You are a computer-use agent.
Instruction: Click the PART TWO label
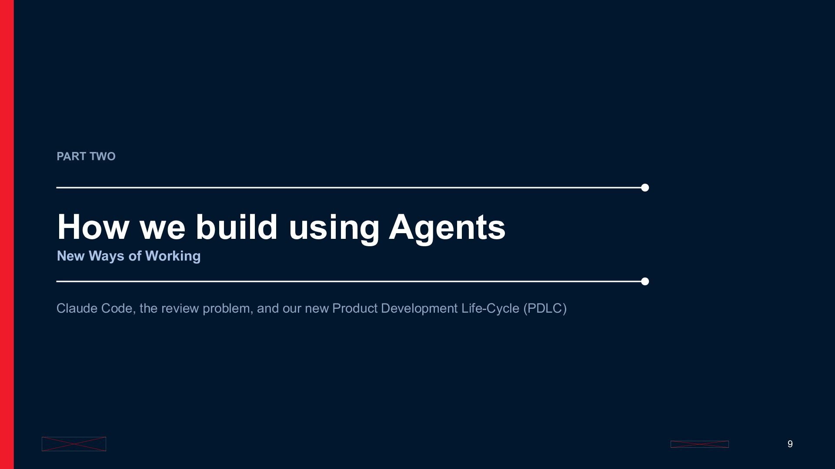click(x=86, y=156)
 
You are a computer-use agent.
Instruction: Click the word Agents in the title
click(x=447, y=227)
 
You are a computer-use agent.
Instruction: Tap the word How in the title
click(x=93, y=227)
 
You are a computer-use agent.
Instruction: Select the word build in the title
click(x=236, y=227)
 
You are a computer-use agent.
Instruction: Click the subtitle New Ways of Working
click(x=129, y=256)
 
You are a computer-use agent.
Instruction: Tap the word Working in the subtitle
click(x=173, y=256)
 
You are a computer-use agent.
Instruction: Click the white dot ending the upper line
click(x=645, y=188)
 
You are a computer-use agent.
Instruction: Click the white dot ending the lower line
click(x=645, y=281)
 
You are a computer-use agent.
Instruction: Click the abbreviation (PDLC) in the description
click(x=545, y=308)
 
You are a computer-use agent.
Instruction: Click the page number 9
click(x=790, y=444)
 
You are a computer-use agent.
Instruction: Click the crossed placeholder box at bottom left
click(x=74, y=444)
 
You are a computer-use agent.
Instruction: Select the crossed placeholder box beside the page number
click(x=700, y=444)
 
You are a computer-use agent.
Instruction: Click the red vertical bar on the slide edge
click(x=7, y=234)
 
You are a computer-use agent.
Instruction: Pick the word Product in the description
click(x=355, y=308)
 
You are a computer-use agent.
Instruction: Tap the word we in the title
click(x=163, y=228)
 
